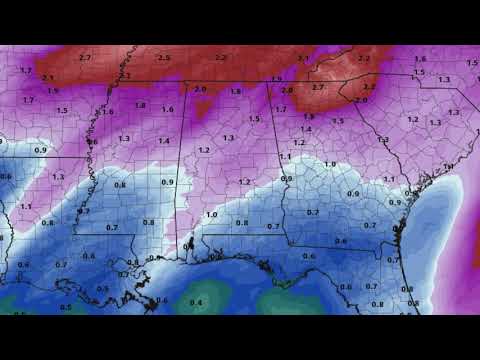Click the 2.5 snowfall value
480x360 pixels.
[164, 59]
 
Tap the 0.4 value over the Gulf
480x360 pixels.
[196, 301]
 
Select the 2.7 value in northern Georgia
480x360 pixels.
[319, 88]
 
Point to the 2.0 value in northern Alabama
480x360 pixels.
[201, 89]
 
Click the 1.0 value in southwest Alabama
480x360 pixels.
[211, 215]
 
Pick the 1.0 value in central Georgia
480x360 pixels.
[329, 162]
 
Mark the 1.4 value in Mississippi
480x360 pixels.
[163, 141]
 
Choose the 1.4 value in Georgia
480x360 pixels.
[307, 129]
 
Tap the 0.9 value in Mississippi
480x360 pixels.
[167, 182]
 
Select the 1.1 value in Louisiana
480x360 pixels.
[25, 206]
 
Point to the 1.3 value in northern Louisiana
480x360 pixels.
[58, 176]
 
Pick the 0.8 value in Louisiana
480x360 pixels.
[48, 223]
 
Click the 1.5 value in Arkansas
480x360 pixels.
[63, 109]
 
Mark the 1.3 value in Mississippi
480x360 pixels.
[124, 138]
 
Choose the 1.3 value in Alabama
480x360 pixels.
[228, 138]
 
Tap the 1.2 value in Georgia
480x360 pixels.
[245, 182]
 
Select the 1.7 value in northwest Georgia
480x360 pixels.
[281, 108]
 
